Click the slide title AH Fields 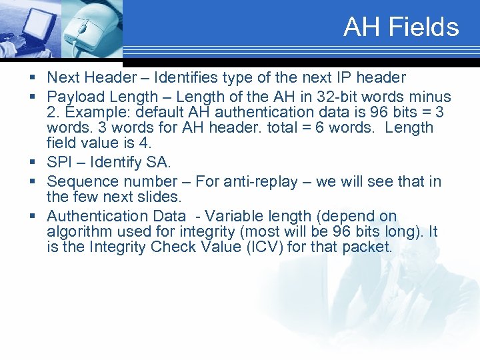[x=401, y=27]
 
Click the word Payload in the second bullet [x=74, y=97]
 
